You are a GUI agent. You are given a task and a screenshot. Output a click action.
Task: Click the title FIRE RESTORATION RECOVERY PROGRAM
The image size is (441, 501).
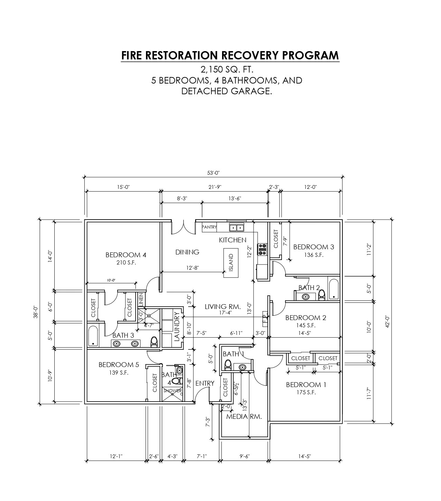coord(230,55)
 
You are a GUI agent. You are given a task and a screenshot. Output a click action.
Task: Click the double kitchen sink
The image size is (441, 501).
coord(237,228)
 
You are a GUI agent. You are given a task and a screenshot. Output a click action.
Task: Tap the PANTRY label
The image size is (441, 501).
coord(209,227)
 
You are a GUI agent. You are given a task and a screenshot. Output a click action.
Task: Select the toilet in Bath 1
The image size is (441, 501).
coord(228,365)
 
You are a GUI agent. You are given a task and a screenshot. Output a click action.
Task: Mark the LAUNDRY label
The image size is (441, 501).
coord(177,326)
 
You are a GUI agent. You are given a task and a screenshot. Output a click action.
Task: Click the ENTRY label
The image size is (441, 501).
coord(205,383)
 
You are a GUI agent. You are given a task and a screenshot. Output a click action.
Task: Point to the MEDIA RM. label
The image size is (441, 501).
coord(244,416)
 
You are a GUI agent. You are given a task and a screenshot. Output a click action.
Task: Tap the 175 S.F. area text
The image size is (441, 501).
coord(306,392)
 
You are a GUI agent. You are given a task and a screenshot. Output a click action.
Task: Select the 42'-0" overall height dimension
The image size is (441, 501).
coord(387,322)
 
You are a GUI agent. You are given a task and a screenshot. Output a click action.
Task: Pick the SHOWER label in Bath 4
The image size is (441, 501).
coord(172,391)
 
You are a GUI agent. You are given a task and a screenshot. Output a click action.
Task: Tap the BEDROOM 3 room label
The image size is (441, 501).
coord(313,247)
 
